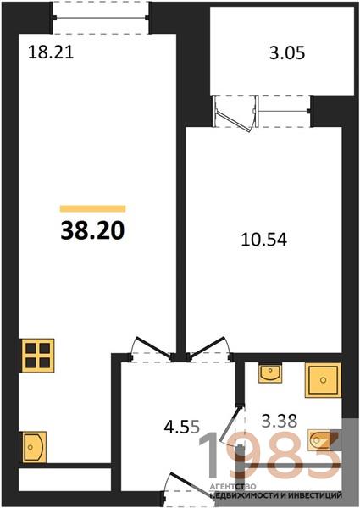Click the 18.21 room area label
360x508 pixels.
coord(51,52)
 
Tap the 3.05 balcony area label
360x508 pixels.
coord(287,52)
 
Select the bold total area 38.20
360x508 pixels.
coord(92,230)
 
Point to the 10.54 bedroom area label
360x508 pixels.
coord(264,240)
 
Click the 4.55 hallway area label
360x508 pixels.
coord(182,428)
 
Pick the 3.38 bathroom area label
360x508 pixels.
coord(280,422)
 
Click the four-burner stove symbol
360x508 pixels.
coord(38,356)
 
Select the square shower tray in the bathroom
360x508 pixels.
coord(323,380)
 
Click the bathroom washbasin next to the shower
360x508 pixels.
coord(270,373)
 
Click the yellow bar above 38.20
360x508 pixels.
coord(92,208)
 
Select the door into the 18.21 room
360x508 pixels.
coord(152,349)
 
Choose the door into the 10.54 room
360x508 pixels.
coord(210,349)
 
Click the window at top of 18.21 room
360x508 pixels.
coord(101,17)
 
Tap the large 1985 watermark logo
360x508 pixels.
coord(269,456)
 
